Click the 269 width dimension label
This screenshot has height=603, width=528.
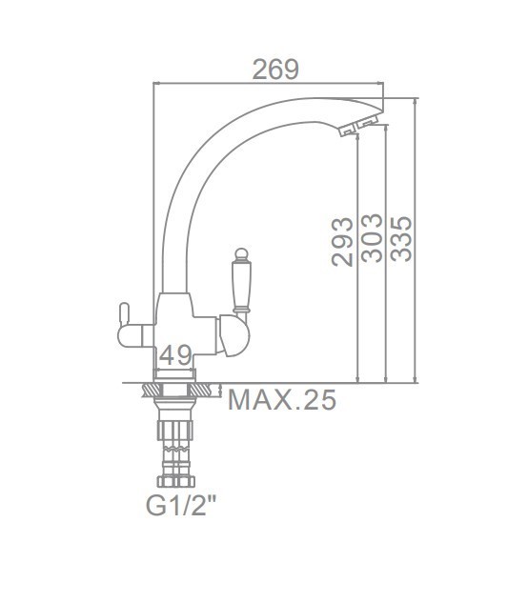(275, 70)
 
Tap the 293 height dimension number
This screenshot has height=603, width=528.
(342, 242)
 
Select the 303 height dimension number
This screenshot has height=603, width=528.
(372, 238)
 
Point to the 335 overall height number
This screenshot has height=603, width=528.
(401, 239)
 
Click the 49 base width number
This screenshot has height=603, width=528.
(175, 355)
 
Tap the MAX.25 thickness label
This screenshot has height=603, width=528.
(282, 400)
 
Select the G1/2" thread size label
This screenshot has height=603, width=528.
(181, 505)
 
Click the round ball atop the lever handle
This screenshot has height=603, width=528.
(241, 253)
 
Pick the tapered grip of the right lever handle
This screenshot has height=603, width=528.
(241, 284)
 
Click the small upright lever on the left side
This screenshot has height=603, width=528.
(124, 314)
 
